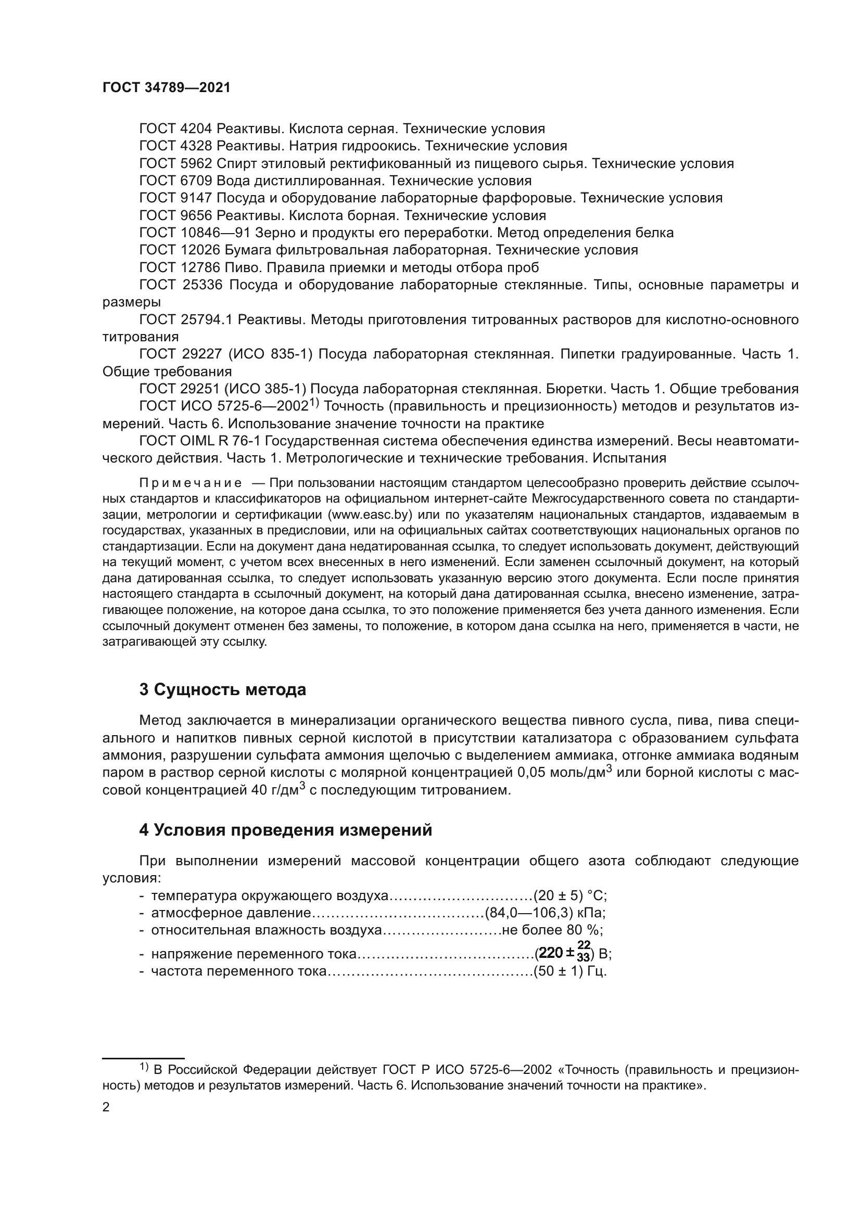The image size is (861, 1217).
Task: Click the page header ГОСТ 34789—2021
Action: point(167,88)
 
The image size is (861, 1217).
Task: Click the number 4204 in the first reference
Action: point(196,129)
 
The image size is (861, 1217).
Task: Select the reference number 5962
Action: point(196,163)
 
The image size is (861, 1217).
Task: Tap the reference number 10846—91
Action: point(214,233)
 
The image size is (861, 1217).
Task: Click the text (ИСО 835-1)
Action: point(270,354)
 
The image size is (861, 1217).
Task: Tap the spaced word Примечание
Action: point(191,483)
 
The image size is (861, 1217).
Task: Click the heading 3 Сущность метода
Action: point(222,690)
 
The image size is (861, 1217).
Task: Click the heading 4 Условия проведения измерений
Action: point(285,830)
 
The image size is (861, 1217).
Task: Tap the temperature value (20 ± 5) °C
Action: point(570,896)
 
